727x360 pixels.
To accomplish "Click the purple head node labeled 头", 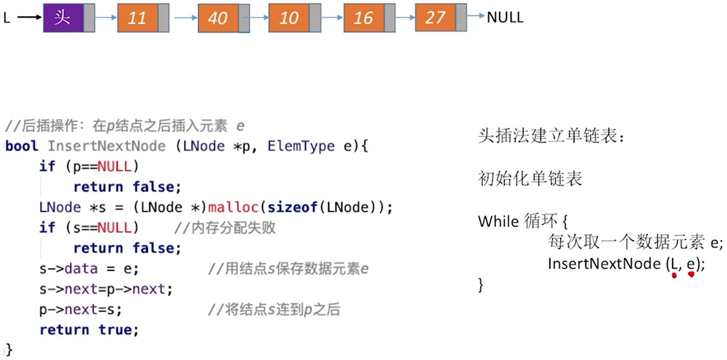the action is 63,18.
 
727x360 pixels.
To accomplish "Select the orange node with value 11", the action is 138,18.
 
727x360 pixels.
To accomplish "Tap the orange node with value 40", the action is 218,19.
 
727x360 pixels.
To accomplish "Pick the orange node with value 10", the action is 289,18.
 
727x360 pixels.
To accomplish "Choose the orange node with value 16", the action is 364,18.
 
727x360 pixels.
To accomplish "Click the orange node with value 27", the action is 435,18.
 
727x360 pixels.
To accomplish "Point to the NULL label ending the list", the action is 505,18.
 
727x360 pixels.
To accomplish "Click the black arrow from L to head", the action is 30,18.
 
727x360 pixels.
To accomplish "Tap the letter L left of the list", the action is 7,18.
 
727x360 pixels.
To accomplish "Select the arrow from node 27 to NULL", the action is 476,17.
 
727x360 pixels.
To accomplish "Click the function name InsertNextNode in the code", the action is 106,146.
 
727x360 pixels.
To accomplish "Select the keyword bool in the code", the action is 21,146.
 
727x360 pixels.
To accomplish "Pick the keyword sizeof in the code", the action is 293,207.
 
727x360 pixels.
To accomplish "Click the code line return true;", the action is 89,330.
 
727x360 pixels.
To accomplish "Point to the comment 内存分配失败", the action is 225,228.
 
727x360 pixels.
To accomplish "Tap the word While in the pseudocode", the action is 498,221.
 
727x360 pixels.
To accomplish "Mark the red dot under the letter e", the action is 691,274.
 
